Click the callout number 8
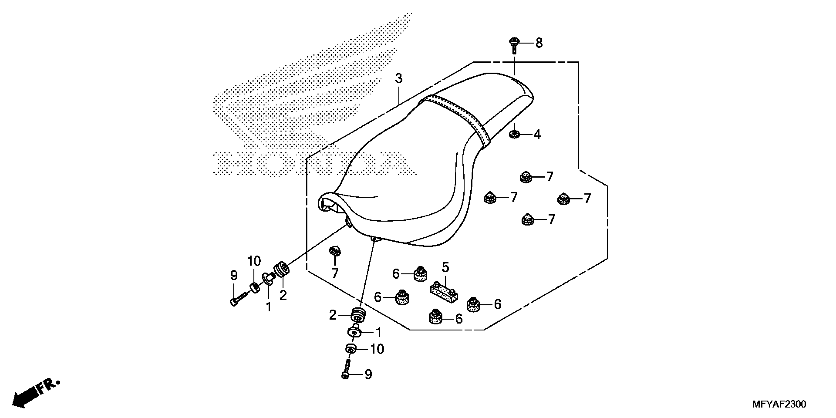[539, 43]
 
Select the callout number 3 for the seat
[399, 78]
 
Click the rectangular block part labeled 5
[444, 292]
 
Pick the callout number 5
[445, 268]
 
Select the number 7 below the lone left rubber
[335, 273]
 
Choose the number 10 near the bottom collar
[377, 349]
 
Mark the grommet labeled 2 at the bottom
[358, 315]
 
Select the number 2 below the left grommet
[283, 295]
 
